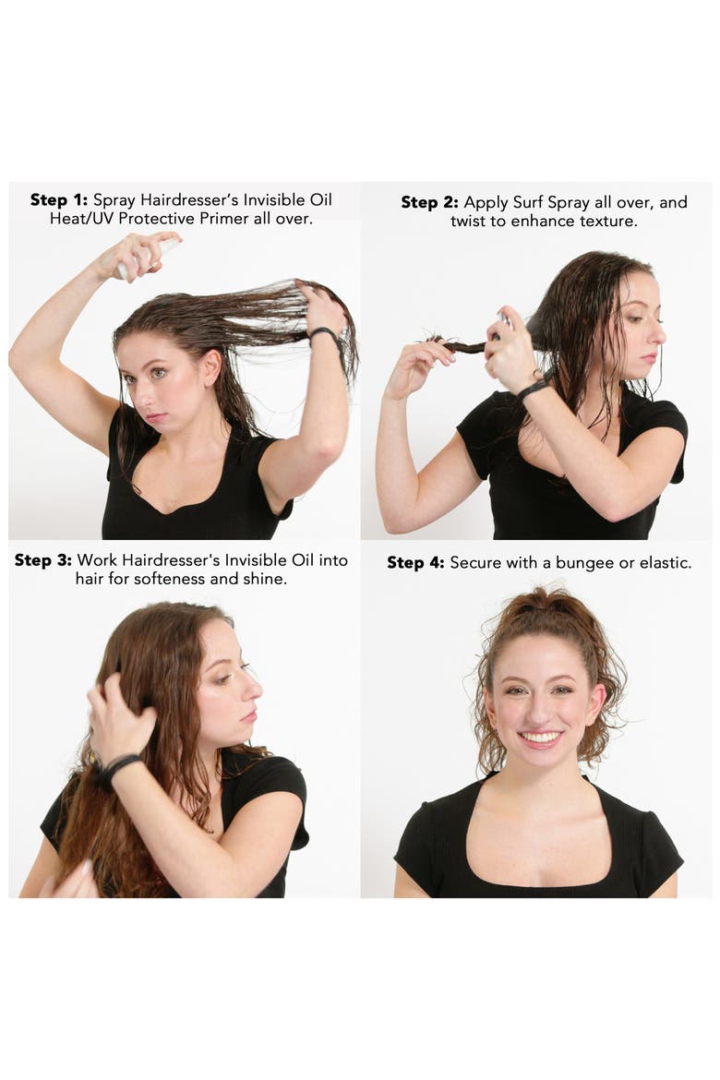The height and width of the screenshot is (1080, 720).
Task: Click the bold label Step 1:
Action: pyautogui.click(x=58, y=199)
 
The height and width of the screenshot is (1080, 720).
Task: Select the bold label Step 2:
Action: pyautogui.click(x=429, y=202)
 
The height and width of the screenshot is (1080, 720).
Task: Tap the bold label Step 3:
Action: pyautogui.click(x=42, y=560)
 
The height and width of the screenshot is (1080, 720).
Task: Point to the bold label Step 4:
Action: pyautogui.click(x=415, y=563)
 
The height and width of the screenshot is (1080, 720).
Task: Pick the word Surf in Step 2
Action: pyautogui.click(x=527, y=202)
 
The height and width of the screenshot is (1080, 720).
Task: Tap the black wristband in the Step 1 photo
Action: pyautogui.click(x=325, y=335)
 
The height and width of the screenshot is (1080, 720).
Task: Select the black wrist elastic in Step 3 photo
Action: pyautogui.click(x=118, y=767)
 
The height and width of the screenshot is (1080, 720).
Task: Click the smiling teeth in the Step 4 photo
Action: pyautogui.click(x=540, y=738)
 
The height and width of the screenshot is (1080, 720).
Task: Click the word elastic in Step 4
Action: pyautogui.click(x=665, y=563)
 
